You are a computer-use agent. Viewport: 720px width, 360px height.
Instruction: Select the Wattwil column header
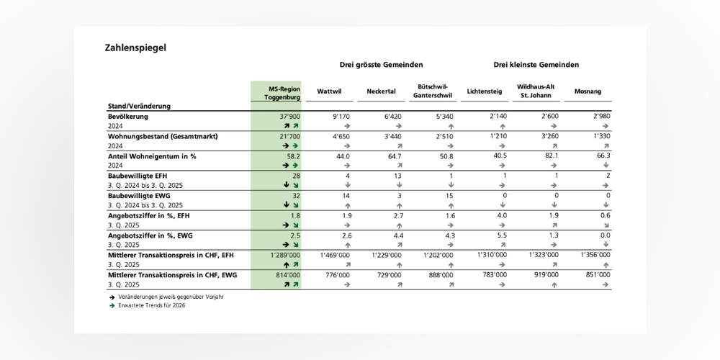coord(329,91)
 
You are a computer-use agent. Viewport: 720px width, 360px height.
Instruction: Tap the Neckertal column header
coord(380,91)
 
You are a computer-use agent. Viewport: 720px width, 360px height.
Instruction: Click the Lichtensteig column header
coord(485,91)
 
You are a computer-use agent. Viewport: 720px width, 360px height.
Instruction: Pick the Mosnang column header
coord(588,91)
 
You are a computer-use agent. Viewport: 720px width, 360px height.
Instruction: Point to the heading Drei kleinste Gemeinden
coord(536,65)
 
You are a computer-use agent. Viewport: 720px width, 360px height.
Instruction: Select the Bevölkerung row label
coord(128,116)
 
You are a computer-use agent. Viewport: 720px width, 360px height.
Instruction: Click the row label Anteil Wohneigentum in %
coord(152,156)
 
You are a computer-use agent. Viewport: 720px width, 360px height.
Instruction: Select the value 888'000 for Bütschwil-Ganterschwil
coord(441,274)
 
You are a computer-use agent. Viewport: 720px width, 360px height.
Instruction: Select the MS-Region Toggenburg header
coord(275,91)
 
